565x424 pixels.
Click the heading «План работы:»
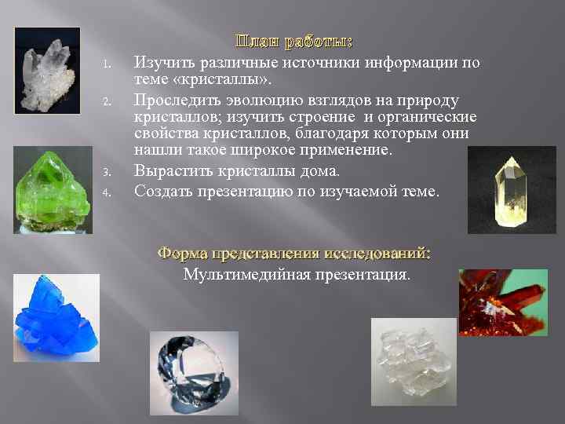tap(293, 41)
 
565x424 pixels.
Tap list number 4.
tap(111, 191)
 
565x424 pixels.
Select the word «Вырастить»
tap(170, 170)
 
